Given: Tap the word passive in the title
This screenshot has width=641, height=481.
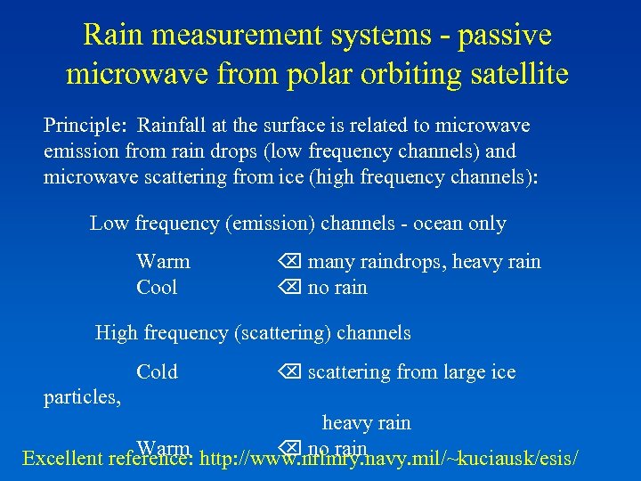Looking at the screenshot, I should (500, 36).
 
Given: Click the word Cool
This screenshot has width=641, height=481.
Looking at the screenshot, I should (157, 288).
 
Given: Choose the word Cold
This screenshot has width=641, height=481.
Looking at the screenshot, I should (157, 372).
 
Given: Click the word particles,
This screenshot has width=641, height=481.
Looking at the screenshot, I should (83, 397).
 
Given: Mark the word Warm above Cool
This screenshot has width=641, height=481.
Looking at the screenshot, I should (163, 262).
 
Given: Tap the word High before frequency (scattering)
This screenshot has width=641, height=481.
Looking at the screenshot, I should (116, 334).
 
